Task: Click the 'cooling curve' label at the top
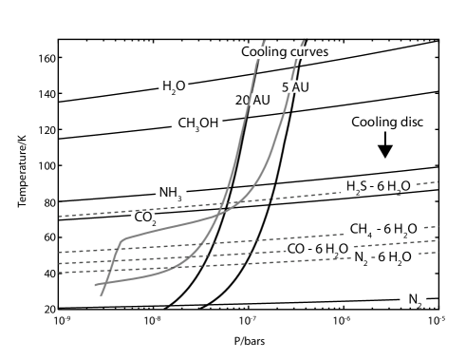[285, 51]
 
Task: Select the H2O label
[174, 86]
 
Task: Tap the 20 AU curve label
[247, 100]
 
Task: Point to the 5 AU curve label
[294, 87]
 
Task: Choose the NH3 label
[171, 193]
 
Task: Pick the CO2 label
[143, 218]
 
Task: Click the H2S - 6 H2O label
[378, 187]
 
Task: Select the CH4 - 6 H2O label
[383, 230]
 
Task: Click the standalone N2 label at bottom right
[414, 300]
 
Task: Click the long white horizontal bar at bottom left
[108, 301]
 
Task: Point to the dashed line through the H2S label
[285, 197]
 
